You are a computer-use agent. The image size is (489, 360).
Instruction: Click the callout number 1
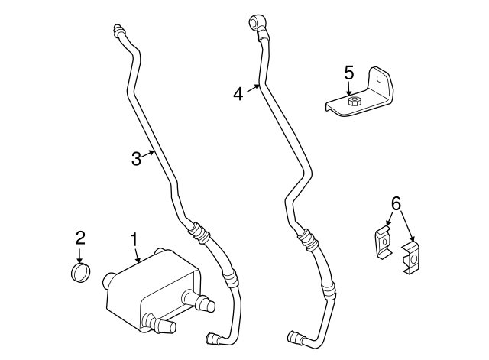coord(134,240)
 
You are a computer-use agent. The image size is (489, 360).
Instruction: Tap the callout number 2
coord(79,238)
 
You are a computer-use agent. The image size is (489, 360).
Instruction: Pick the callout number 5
coord(348,73)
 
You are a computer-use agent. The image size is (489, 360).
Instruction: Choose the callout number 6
coord(395,203)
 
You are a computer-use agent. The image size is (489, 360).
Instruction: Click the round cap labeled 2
coord(79,272)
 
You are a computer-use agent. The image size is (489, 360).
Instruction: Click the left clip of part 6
coord(383,242)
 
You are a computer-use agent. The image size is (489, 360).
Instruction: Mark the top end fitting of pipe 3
coord(119,31)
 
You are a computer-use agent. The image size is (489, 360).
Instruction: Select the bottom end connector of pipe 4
coord(294,337)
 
